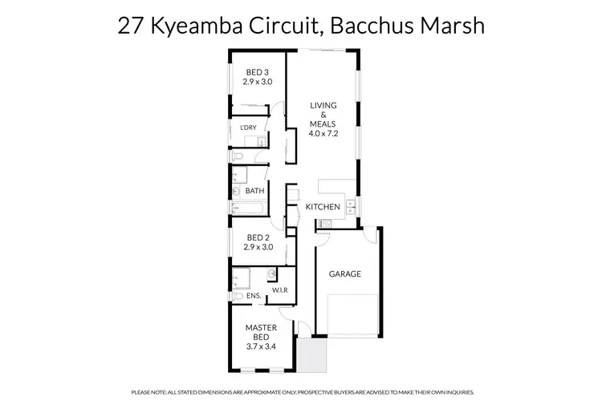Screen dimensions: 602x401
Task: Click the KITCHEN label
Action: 323,207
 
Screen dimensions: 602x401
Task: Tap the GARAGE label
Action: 345,273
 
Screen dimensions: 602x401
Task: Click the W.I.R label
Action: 280,290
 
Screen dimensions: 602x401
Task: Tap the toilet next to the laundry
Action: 238,156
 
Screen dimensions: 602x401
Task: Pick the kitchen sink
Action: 352,204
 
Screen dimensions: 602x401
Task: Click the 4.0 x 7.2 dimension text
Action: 324,133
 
